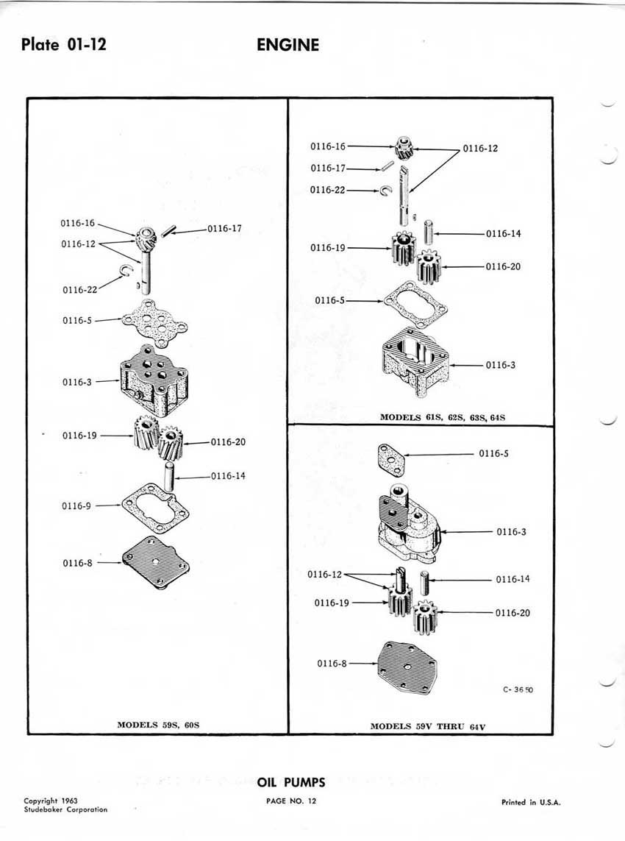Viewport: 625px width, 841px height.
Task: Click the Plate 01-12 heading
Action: pos(64,45)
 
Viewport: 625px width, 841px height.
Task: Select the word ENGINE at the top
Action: pos(287,45)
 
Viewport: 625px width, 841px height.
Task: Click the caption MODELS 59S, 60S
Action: pos(159,725)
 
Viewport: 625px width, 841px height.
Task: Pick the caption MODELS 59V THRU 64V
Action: pos(428,726)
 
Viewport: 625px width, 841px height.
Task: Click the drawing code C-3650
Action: pos(518,690)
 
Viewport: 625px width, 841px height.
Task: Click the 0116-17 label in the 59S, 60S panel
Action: pos(224,229)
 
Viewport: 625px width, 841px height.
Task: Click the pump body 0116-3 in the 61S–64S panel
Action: pos(415,360)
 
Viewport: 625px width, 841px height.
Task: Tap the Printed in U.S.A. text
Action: pos(531,803)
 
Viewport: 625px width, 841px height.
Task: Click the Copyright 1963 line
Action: pos(51,801)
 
